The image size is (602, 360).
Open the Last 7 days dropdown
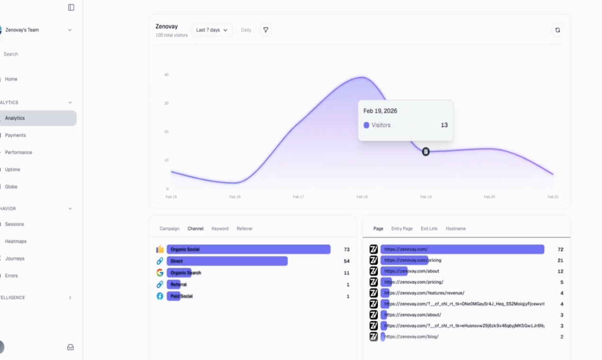[x=212, y=30]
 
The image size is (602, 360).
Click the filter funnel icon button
[x=265, y=30]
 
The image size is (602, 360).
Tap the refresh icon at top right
[x=557, y=30]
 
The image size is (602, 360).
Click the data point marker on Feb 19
[x=426, y=152]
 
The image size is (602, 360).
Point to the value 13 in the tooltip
[x=444, y=125]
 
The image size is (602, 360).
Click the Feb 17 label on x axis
[x=298, y=197]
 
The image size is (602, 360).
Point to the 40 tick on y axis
[x=166, y=74]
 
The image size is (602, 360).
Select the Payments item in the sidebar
[x=15, y=135]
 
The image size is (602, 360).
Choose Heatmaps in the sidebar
[x=16, y=241]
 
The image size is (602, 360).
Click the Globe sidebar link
[x=11, y=187]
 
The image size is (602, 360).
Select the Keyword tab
[x=220, y=228]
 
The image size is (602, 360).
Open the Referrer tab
[x=245, y=228]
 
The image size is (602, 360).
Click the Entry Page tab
[x=401, y=228]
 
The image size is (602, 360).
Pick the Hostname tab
[x=456, y=228]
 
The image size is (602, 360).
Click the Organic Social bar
[x=248, y=249]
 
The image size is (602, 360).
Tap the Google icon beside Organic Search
[x=160, y=272]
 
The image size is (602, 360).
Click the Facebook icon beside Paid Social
[x=160, y=296]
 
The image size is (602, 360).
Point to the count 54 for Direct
[x=347, y=261]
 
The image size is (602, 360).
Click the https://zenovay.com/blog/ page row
[x=411, y=336]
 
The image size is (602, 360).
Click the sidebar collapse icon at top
[x=71, y=7]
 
